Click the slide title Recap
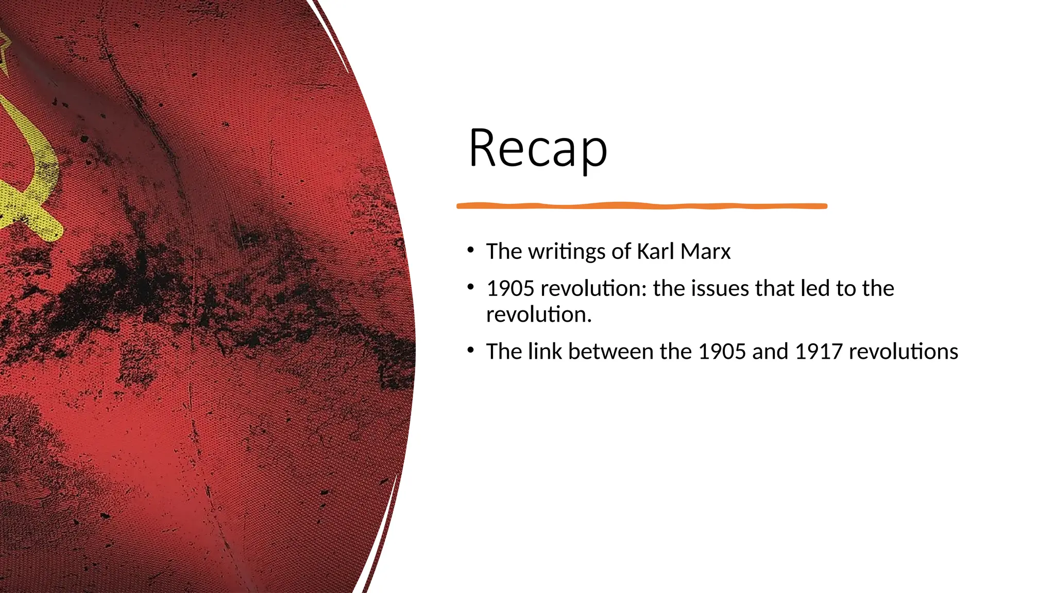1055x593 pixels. coord(538,148)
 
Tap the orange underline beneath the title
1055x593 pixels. coord(641,206)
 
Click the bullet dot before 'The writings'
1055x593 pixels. coord(470,250)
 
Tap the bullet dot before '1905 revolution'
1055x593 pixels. coord(470,287)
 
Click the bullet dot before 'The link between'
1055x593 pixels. coord(470,350)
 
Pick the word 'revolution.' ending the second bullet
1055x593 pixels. coord(539,315)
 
